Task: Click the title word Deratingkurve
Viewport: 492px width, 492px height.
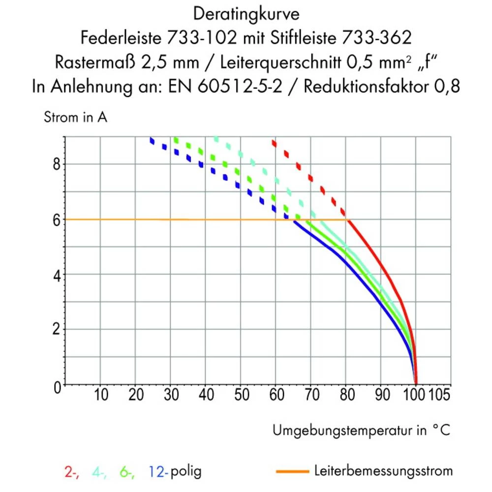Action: coord(246,14)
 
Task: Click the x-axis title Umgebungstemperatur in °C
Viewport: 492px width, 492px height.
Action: coord(361,431)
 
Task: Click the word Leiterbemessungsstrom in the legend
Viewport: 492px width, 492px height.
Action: coord(383,471)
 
